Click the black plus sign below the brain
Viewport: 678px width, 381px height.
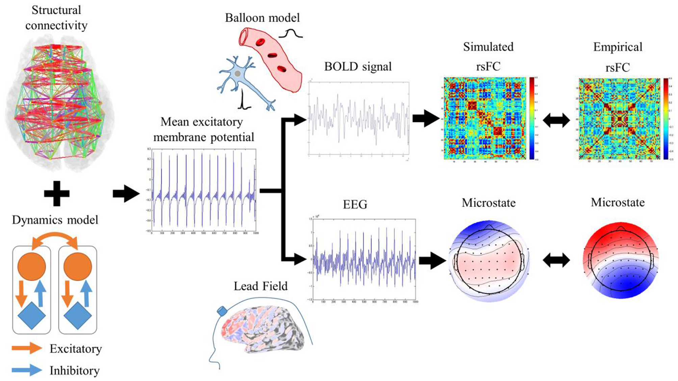coord(57,194)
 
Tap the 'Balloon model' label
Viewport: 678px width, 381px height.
coord(262,18)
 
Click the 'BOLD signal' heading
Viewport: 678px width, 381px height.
coord(358,67)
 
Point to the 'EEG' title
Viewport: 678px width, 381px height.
coord(355,205)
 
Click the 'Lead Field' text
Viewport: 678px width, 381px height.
coord(261,286)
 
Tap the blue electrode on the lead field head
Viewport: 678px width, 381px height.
coord(222,310)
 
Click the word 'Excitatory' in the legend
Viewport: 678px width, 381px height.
coord(76,349)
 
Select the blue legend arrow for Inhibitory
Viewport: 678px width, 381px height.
coord(27,370)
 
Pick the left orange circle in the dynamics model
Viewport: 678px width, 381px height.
coord(32,266)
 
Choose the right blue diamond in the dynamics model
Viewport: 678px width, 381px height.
coord(78,315)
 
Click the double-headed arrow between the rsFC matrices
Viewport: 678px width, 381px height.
coord(556,120)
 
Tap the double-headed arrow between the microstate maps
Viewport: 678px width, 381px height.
coord(556,260)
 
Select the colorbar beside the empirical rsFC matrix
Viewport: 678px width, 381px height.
coord(666,119)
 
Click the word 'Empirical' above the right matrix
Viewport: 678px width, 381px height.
coord(618,47)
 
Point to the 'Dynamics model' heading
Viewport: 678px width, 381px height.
coord(55,220)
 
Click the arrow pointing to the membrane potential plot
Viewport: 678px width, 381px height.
coord(126,194)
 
